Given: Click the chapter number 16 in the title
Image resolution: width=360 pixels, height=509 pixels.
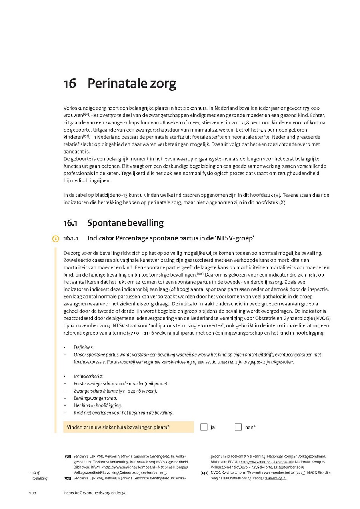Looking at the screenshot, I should (x=70, y=84).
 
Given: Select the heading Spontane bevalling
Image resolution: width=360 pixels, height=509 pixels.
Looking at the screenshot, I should (x=125, y=223).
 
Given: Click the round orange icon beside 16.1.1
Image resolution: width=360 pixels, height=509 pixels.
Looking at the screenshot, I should (x=55, y=239).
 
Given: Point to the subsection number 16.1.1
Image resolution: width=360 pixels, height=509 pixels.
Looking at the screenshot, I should (x=70, y=239).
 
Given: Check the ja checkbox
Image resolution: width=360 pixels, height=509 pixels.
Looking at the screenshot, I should (x=204, y=427).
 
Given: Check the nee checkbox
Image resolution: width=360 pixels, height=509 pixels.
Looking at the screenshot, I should (x=238, y=427).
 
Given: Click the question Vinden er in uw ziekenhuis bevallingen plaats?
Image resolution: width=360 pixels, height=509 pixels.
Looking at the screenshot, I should (x=118, y=427).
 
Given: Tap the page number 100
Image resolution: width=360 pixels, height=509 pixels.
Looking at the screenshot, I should (x=32, y=493).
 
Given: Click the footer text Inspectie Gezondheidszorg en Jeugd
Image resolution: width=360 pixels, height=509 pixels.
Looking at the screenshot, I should (x=95, y=493).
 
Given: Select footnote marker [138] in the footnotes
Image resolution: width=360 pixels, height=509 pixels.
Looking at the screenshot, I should (x=67, y=456).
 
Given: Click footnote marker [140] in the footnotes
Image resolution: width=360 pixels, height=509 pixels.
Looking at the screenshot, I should (x=204, y=473).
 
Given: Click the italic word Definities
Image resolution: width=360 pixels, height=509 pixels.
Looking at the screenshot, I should (x=83, y=347).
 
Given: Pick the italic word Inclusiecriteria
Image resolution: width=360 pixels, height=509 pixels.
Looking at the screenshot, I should (x=88, y=377).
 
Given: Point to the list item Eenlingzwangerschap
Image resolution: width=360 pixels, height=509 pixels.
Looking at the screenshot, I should (x=95, y=398).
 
